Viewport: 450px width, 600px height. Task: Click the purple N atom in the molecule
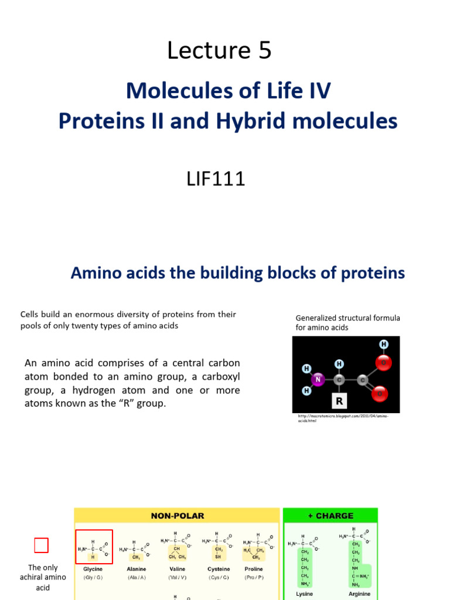[318, 380]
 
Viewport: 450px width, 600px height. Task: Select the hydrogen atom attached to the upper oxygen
[384, 344]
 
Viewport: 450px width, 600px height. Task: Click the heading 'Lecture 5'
[219, 51]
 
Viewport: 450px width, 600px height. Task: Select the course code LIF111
[215, 178]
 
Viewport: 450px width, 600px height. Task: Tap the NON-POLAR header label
[177, 516]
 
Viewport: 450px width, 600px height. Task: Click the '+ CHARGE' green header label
[330, 516]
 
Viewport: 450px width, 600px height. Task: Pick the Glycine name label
[93, 569]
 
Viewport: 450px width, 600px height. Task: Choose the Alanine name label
[137, 569]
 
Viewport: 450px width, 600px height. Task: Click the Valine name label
[177, 569]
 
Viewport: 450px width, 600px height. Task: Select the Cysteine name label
[219, 569]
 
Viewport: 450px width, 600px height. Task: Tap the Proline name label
[254, 569]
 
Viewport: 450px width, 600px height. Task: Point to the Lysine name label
[305, 594]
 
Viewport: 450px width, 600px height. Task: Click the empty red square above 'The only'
[41, 546]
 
